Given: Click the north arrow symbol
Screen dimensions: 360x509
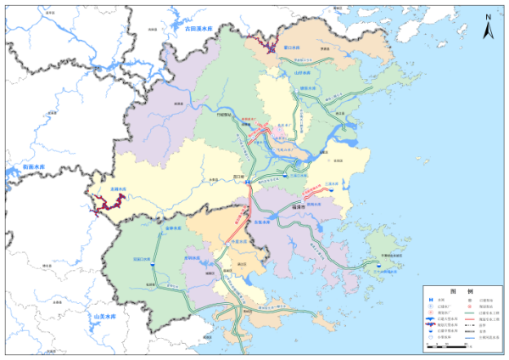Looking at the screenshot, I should [x=488, y=29].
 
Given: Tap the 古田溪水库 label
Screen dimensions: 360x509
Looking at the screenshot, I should [x=203, y=28].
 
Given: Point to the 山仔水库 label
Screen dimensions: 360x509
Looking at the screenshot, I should [x=303, y=73].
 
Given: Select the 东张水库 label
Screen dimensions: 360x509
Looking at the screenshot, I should [x=262, y=222].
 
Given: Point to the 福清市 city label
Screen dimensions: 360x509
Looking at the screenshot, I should [x=299, y=205].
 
